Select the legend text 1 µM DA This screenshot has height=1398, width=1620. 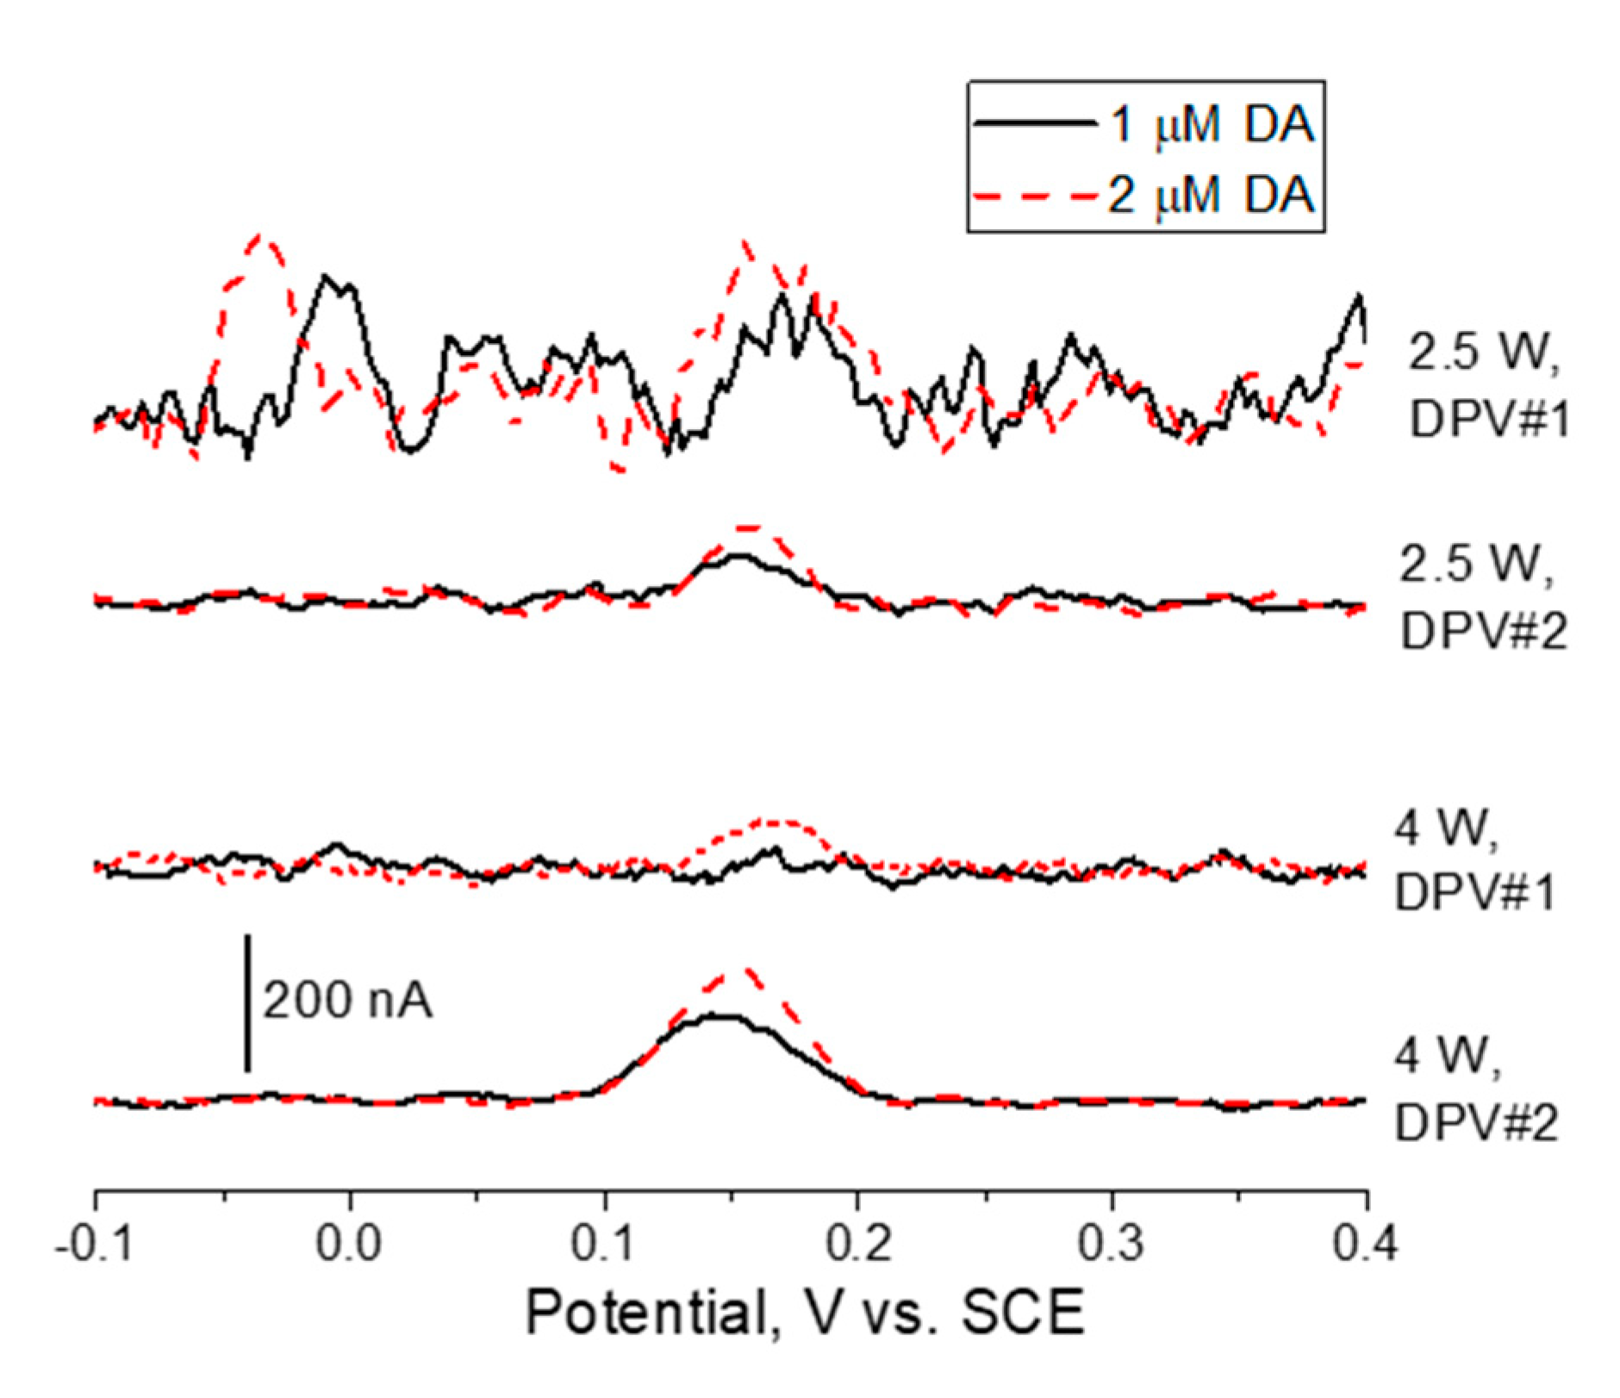1211,124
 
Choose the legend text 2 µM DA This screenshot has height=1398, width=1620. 1211,195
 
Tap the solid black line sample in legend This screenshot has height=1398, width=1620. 1034,124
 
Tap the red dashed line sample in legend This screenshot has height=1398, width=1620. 1034,196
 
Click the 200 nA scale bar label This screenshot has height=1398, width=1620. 347,1002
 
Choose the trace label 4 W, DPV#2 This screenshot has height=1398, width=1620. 1475,1089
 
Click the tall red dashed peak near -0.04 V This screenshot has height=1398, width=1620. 261,239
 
